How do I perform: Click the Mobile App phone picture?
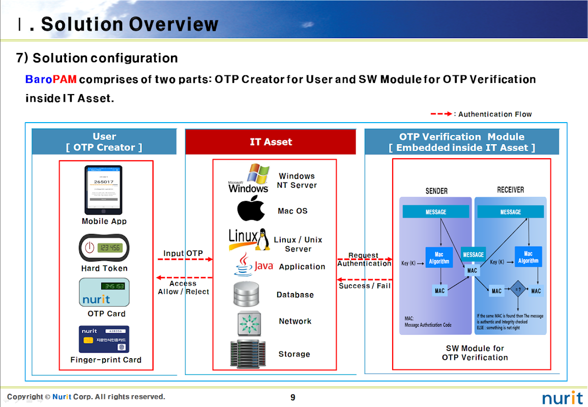[103, 190]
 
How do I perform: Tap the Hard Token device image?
[103, 248]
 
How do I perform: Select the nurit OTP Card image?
[104, 292]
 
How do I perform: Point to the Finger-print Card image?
[104, 339]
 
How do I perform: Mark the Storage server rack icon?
[248, 354]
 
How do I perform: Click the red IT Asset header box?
[271, 142]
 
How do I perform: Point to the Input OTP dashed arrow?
[185, 259]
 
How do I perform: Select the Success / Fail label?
[365, 286]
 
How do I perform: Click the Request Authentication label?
[364, 259]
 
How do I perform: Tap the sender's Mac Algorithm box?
[439, 257]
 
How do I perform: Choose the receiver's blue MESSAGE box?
[510, 212]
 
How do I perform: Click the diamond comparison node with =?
[518, 290]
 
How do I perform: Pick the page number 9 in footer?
[292, 397]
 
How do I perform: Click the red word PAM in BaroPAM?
[65, 79]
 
